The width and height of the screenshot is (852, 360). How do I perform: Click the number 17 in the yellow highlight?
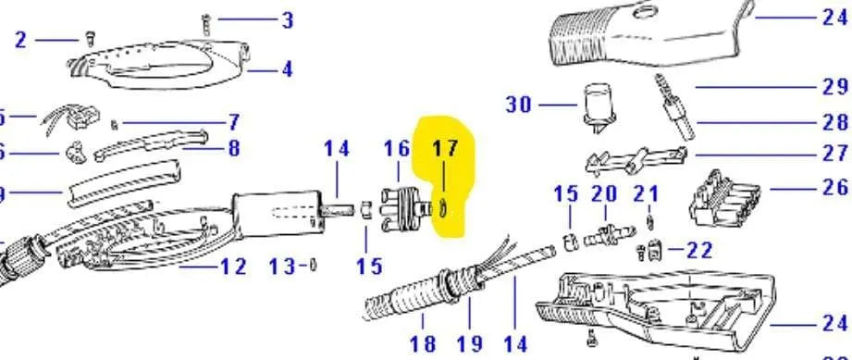[x=445, y=148]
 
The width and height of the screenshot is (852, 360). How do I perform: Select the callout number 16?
[x=397, y=148]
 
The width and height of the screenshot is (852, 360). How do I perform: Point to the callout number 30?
[x=519, y=105]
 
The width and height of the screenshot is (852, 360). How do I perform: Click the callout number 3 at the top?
[x=288, y=19]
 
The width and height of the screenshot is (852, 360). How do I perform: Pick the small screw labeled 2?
[x=90, y=38]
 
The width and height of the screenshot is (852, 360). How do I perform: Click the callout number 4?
[x=288, y=69]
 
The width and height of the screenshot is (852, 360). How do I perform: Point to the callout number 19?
[x=470, y=343]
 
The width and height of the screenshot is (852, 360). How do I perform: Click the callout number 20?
[x=604, y=194]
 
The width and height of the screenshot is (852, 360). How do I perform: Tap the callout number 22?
[x=700, y=250]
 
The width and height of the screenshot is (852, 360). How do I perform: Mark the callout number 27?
[x=833, y=154]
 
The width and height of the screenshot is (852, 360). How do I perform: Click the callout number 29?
[x=833, y=87]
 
